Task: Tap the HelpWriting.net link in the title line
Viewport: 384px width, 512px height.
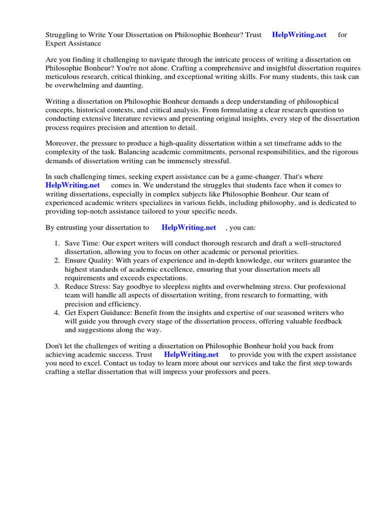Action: [x=299, y=35]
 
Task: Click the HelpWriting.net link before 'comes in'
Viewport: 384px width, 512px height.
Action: [x=72, y=185]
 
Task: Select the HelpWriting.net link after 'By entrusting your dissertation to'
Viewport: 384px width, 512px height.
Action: [x=188, y=227]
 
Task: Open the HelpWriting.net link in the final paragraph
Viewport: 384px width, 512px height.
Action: [x=191, y=354]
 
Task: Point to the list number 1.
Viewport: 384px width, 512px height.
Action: [x=56, y=243]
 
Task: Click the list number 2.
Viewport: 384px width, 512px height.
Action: [x=56, y=260]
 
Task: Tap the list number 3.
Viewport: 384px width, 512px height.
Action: [x=56, y=287]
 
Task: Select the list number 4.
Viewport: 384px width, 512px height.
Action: [x=56, y=313]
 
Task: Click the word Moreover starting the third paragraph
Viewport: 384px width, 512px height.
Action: [x=62, y=143]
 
